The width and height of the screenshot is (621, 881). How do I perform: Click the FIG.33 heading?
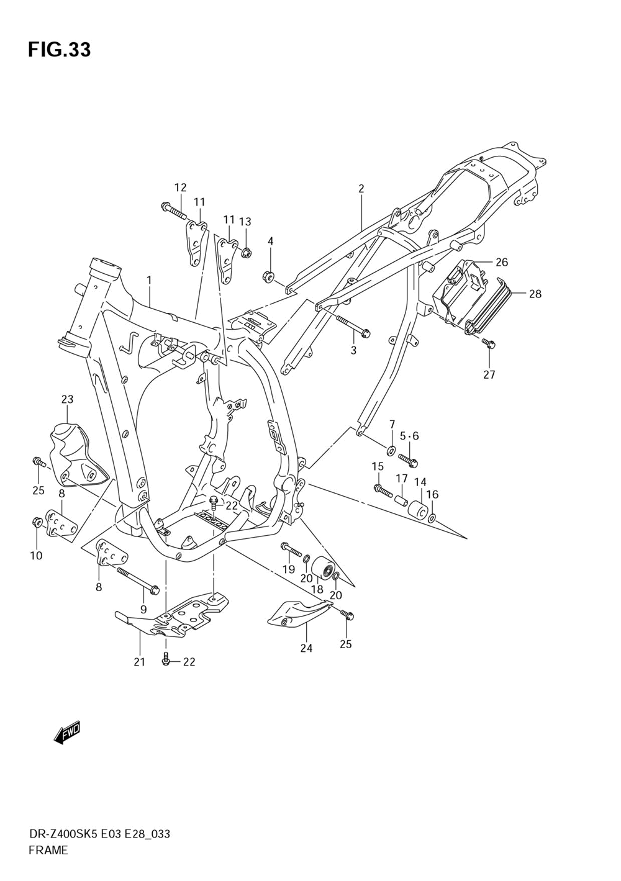click(59, 50)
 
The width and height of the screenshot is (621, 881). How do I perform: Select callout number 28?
click(535, 294)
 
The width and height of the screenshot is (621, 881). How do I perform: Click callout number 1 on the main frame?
click(149, 281)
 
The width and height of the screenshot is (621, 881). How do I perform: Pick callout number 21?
click(139, 662)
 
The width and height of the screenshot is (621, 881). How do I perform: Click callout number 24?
click(306, 648)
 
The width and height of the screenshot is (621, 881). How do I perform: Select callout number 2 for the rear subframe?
click(361, 189)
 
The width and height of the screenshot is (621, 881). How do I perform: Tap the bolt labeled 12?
click(174, 210)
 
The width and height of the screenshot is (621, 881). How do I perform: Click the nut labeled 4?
click(269, 276)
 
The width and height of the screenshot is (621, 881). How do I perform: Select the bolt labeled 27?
click(489, 343)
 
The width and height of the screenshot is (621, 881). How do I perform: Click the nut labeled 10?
click(37, 523)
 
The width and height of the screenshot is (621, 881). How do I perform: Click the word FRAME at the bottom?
click(48, 851)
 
